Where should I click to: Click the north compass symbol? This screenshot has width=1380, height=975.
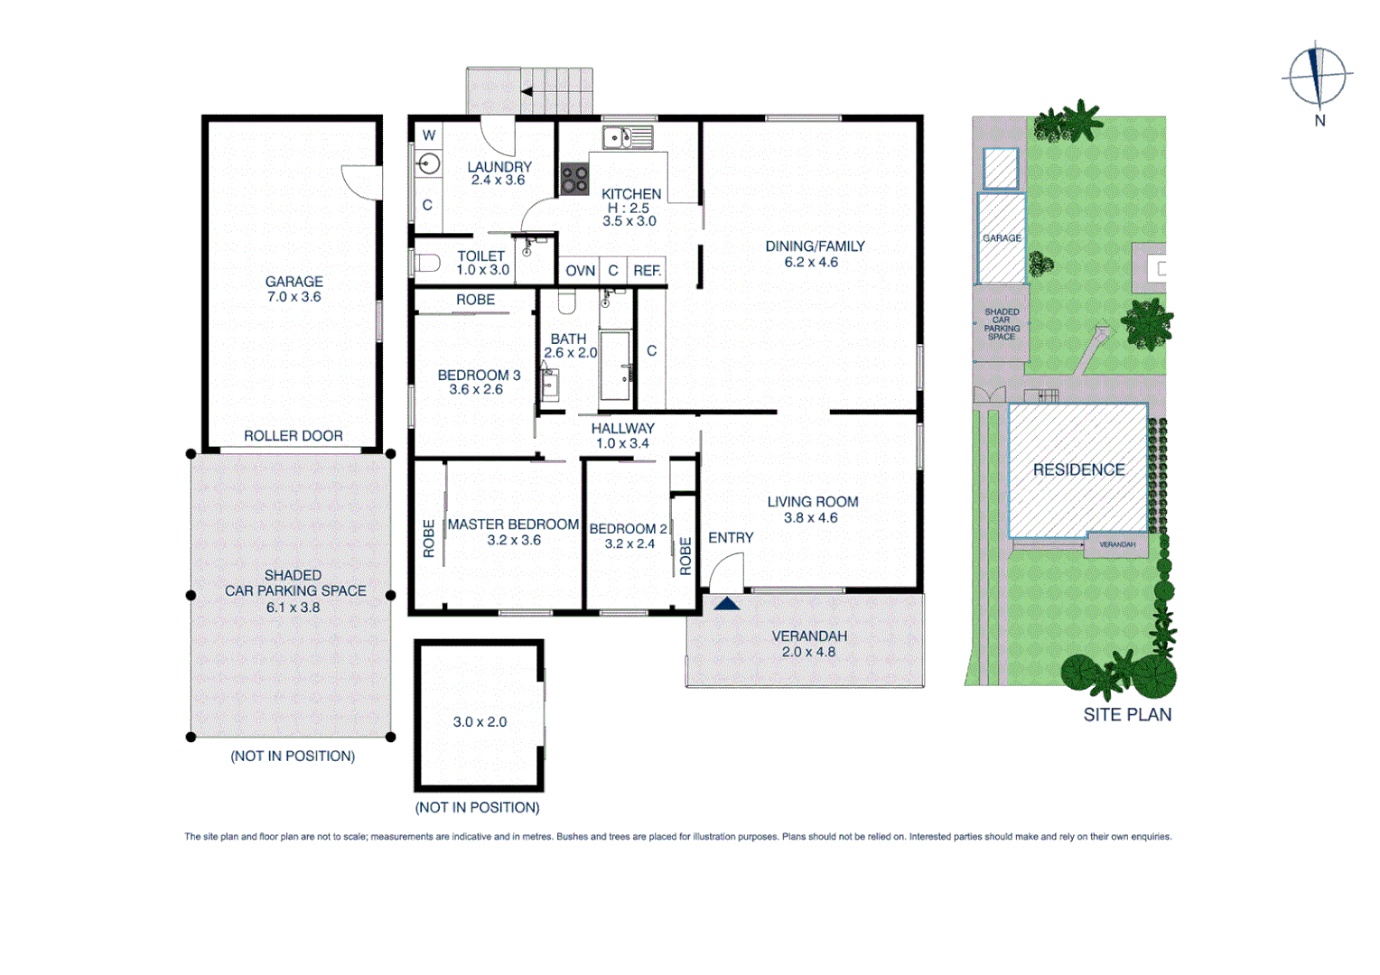[1318, 76]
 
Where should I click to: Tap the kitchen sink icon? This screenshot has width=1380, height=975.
[628, 138]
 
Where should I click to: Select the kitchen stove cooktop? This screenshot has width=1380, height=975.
[574, 179]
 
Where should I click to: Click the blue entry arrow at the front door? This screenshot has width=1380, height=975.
[727, 602]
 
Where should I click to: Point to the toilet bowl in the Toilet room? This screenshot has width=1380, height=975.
[427, 264]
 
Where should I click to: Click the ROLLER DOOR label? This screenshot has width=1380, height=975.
[294, 436]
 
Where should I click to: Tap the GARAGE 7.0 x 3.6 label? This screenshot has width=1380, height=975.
[294, 289]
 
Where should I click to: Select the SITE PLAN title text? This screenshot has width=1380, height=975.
[1127, 715]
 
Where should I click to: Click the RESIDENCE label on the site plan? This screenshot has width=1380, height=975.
[1078, 469]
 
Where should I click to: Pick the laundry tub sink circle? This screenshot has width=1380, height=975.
[429, 163]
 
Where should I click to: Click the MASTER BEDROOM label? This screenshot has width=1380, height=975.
[513, 525]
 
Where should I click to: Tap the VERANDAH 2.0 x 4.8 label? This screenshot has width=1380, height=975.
[809, 644]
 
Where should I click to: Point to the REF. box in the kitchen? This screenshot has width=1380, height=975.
[647, 271]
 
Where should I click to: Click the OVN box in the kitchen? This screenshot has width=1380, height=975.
[580, 271]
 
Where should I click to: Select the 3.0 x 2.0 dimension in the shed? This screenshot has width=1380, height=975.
[480, 722]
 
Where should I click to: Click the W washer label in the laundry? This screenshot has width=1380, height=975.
[429, 135]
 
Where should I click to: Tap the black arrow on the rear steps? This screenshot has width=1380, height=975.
[527, 91]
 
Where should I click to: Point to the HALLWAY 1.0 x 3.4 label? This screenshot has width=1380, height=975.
[622, 436]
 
